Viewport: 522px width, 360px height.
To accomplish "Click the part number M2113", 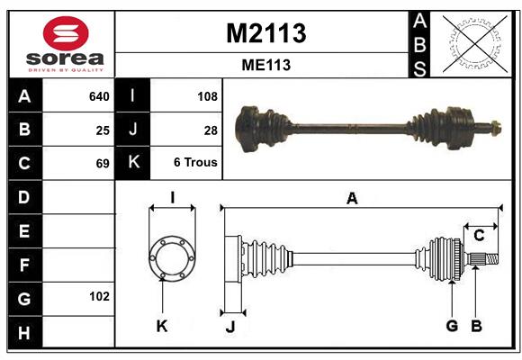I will point(265,33).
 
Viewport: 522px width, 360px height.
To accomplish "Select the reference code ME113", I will point(265,65).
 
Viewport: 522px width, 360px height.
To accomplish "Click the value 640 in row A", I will point(99,96).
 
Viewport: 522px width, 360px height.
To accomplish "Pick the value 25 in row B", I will point(103,130).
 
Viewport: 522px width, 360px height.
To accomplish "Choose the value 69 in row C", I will point(103,164).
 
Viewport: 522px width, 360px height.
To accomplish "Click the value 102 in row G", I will point(99,296).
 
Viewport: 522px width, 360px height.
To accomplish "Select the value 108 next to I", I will point(207,96).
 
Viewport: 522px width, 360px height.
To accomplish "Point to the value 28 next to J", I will point(211,130).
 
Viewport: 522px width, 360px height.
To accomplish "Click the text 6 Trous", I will point(196,164).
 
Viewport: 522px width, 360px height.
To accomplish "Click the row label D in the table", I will point(23,197).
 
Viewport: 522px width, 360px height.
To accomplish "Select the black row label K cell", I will point(132,163).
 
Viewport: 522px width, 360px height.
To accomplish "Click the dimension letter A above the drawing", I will point(352,199).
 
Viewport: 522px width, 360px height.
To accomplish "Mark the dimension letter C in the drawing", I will point(479,236).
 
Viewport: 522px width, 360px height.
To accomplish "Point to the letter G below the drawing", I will point(452,326).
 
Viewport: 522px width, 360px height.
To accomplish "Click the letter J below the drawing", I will point(230,326).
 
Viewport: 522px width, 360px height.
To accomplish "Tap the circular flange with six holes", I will point(171,257).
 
